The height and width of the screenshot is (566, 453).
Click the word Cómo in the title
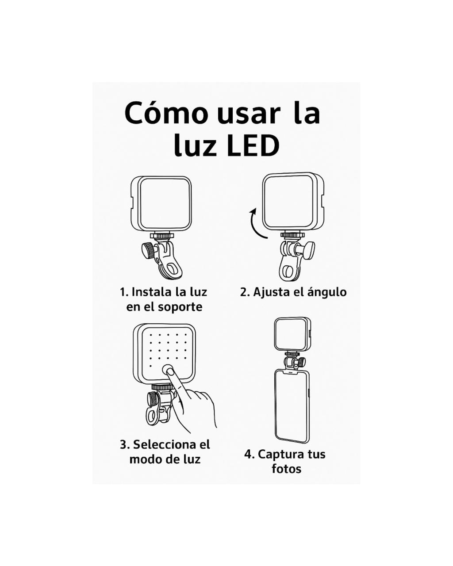pyautogui.click(x=166, y=113)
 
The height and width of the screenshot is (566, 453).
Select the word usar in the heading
pyautogui.click(x=248, y=115)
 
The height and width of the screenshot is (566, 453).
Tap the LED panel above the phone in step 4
pyautogui.click(x=292, y=334)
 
